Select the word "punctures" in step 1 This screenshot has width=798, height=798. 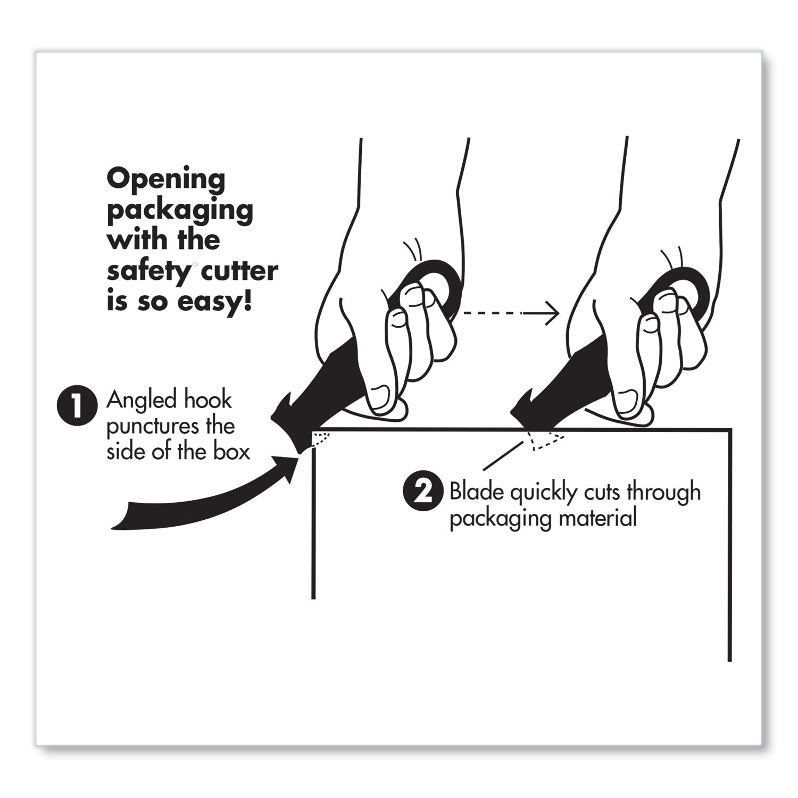point(146,426)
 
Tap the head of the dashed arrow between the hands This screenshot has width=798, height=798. point(553,314)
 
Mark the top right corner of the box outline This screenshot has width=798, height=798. point(730,429)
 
